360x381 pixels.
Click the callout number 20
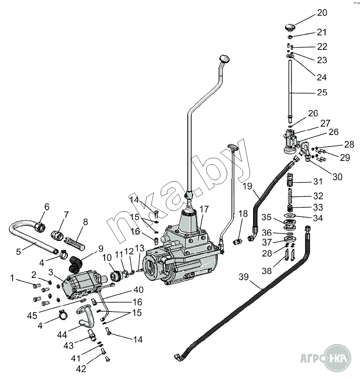pos(322,13)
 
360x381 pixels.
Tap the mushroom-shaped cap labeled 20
pos(289,27)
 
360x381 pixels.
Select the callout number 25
pos(322,93)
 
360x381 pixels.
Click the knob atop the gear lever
pos(224,58)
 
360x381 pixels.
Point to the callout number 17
pos(204,209)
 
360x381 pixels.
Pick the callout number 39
pos(243,277)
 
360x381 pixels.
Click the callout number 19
pos(247,186)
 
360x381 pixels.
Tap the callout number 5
pos(18,252)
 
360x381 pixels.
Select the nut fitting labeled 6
pos(40,227)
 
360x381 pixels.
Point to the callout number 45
pos(32,316)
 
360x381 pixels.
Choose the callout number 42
pos(81,369)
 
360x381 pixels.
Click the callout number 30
pos(337,177)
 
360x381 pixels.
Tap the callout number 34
pos(318,218)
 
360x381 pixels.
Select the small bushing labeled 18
pos(237,242)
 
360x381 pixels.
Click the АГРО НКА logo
pos(326,358)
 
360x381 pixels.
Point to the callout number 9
pos(101,249)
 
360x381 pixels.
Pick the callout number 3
pos(51,272)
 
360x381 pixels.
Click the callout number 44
pos(62,335)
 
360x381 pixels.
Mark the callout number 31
pos(318,182)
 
